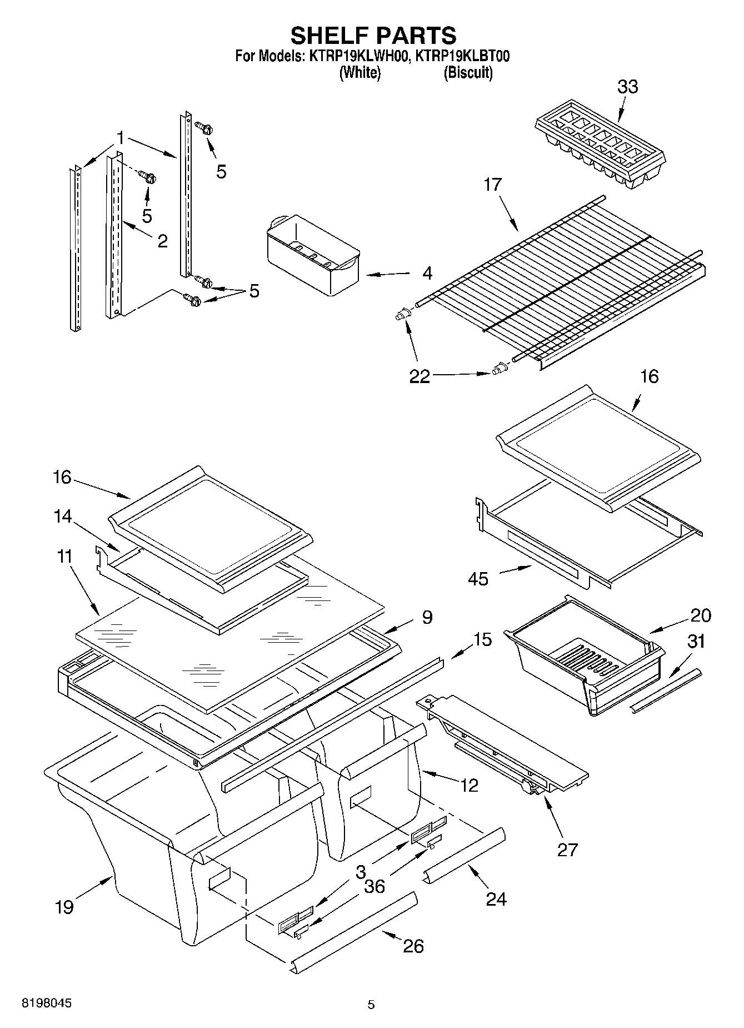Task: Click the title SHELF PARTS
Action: click(373, 35)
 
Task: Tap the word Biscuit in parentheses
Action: click(468, 73)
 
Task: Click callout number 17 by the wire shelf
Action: click(492, 185)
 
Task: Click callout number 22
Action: click(420, 376)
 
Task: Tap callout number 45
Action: click(478, 579)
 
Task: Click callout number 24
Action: click(496, 898)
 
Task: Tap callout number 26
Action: click(413, 946)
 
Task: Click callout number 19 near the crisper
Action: click(64, 907)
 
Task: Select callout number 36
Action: click(374, 886)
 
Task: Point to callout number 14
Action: click(63, 517)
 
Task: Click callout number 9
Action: click(427, 617)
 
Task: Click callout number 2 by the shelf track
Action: click(162, 241)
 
